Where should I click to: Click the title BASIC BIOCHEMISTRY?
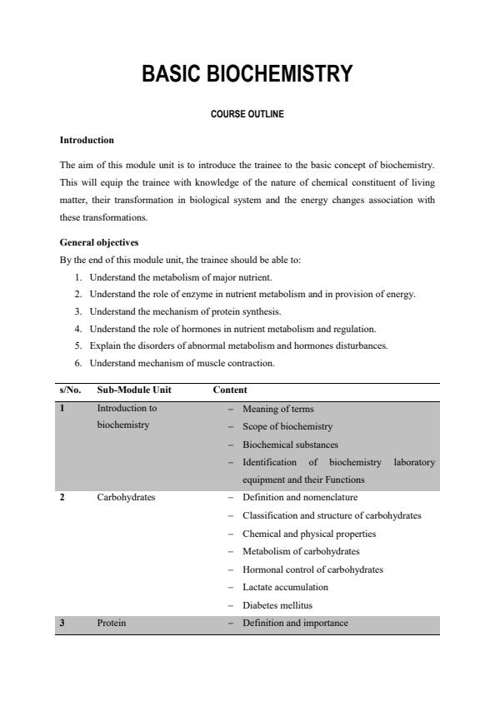(247, 74)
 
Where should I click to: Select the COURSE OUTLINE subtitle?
(247, 114)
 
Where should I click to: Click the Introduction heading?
(87, 140)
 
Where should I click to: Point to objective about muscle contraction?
(182, 363)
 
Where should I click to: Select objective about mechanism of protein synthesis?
(185, 311)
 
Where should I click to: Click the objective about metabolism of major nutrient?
(180, 276)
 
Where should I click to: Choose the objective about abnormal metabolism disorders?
(238, 346)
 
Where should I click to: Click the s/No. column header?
(70, 390)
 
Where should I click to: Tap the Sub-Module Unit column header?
(134, 390)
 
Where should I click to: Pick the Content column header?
(230, 390)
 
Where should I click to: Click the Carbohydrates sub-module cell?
(126, 498)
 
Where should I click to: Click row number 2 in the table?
(62, 498)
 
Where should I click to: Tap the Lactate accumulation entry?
(285, 587)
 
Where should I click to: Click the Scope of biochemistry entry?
(287, 426)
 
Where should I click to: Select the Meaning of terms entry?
(277, 409)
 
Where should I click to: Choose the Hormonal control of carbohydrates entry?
(312, 569)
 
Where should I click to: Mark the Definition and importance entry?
(295, 623)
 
